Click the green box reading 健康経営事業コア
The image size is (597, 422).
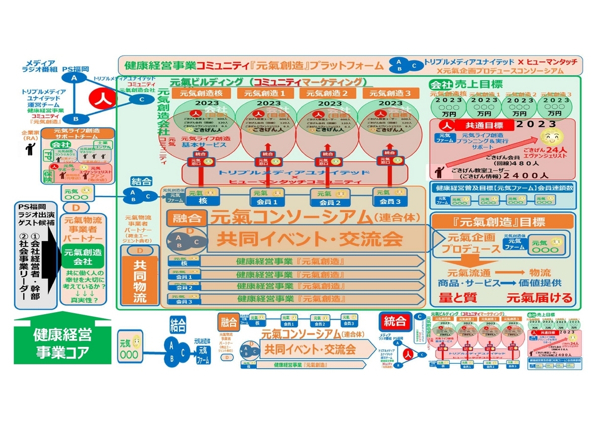(x=62, y=342)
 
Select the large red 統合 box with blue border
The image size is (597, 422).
(x=396, y=321)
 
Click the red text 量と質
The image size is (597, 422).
(x=457, y=297)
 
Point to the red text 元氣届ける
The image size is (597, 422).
(x=539, y=297)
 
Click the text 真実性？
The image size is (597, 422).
(x=82, y=300)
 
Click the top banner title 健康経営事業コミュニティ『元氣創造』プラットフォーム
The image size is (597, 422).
(x=254, y=65)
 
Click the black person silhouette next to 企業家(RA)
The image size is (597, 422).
(x=31, y=148)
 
